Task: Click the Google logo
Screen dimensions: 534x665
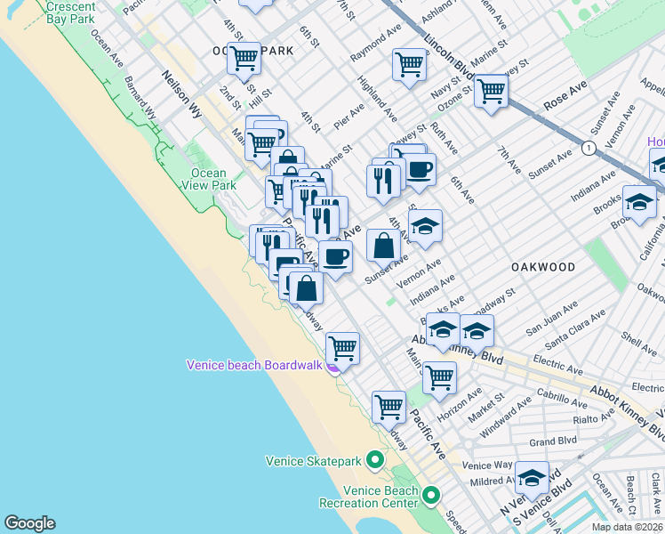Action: [x=29, y=523]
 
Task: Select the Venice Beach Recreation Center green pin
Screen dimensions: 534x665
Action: [x=431, y=495]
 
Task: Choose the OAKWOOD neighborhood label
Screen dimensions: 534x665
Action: [x=542, y=267]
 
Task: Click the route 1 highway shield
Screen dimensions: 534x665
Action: [x=588, y=148]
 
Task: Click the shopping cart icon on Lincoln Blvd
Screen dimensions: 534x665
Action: [x=491, y=90]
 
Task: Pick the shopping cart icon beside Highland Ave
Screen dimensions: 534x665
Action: [x=408, y=63]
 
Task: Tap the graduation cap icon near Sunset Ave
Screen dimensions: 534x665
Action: [x=425, y=226]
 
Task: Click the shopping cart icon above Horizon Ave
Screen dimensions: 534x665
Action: [x=439, y=376]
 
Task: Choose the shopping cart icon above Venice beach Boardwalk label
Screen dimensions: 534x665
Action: [x=342, y=347]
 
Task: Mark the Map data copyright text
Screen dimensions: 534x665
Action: [x=628, y=527]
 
